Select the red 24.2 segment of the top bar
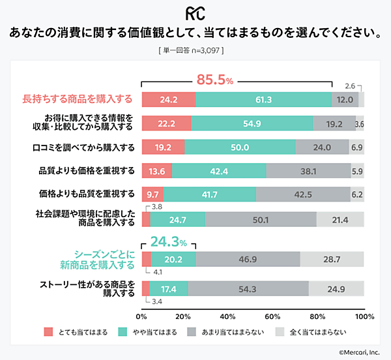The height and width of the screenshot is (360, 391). click(x=168, y=99)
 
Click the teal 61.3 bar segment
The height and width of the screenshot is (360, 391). click(x=263, y=99)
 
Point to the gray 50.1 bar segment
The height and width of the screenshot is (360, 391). click(x=261, y=220)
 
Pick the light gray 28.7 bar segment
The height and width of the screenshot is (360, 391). click(x=332, y=260)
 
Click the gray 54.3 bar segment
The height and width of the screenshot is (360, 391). click(x=248, y=288)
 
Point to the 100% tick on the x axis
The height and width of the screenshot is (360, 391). click(x=364, y=316)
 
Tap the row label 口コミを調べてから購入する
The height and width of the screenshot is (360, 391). click(x=82, y=147)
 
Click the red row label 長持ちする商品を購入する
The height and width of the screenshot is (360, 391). click(x=78, y=99)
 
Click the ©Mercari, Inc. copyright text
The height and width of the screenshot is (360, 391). click(x=359, y=352)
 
